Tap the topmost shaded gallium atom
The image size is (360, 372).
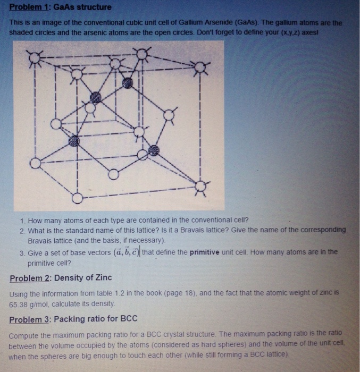coord(127,83)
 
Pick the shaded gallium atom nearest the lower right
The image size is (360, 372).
coord(154,150)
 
